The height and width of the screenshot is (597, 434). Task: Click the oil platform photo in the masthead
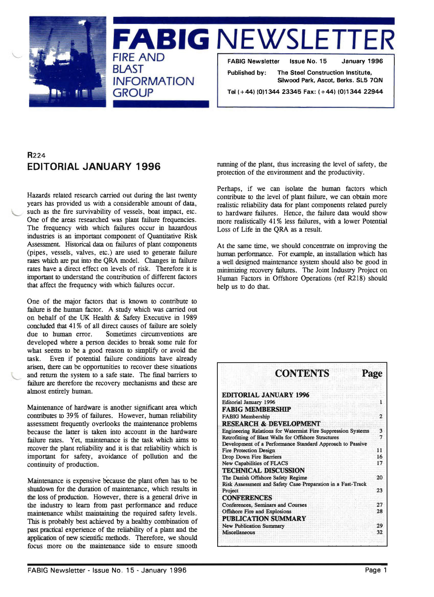point(67,62)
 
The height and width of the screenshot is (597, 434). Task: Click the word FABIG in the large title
point(161,40)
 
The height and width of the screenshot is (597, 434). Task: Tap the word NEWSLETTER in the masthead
point(306,40)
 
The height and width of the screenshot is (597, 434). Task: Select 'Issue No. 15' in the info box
point(308,61)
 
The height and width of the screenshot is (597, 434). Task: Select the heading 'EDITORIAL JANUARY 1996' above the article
point(94,167)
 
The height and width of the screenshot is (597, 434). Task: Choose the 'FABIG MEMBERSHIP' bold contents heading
point(256,409)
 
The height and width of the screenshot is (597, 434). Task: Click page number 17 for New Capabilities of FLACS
point(379,463)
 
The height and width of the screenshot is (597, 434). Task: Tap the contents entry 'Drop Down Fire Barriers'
point(251,457)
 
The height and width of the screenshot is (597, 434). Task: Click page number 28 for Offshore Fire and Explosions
point(379,511)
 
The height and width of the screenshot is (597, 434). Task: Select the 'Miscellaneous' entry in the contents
point(238,532)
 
